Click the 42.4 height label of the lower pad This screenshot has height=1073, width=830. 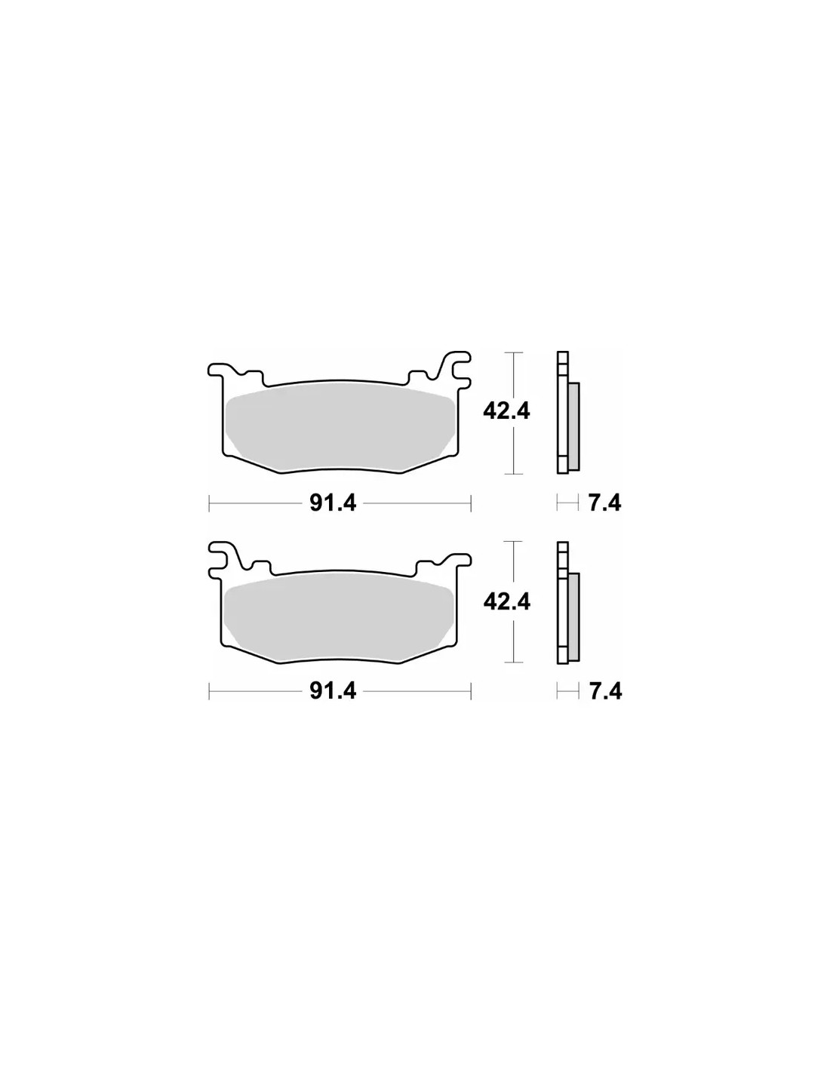tap(506, 601)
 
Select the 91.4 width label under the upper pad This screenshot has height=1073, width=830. tap(332, 503)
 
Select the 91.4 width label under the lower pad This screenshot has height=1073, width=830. tap(332, 691)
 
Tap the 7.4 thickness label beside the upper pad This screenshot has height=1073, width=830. tap(605, 503)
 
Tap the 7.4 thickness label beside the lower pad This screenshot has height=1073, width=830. tap(605, 691)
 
